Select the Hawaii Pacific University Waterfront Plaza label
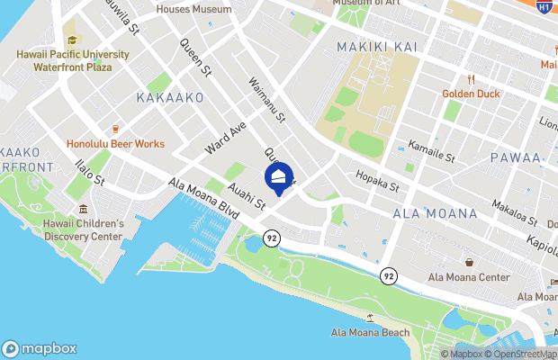[x=72, y=60]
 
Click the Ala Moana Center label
[x=468, y=276]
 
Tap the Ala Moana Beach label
[x=370, y=333]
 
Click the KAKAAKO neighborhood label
[x=170, y=97]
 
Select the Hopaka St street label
[x=376, y=182]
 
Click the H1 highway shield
[x=544, y=6]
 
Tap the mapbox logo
[x=40, y=348]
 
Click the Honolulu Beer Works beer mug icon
[x=115, y=129]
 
